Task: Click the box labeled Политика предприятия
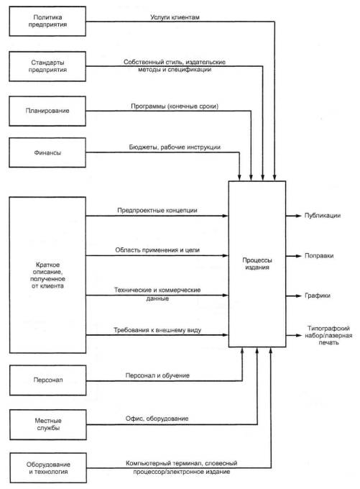point(47,21)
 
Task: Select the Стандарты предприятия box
point(47,66)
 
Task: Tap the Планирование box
point(47,111)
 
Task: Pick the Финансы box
point(47,152)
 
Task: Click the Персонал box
point(47,380)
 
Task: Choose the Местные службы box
point(48,425)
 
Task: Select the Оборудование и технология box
point(48,468)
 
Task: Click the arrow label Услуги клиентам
point(175,17)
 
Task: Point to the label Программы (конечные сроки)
point(175,106)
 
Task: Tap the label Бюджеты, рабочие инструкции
point(175,147)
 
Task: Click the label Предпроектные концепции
point(157,211)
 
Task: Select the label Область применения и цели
point(157,250)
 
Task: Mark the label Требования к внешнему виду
point(157,330)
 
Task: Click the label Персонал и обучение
point(157,375)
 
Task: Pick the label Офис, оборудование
point(157,419)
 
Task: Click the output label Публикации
point(323,216)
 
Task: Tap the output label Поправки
point(319,256)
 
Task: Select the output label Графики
point(318,296)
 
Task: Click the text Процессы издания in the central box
point(257,263)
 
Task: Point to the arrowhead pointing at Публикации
point(298,216)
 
